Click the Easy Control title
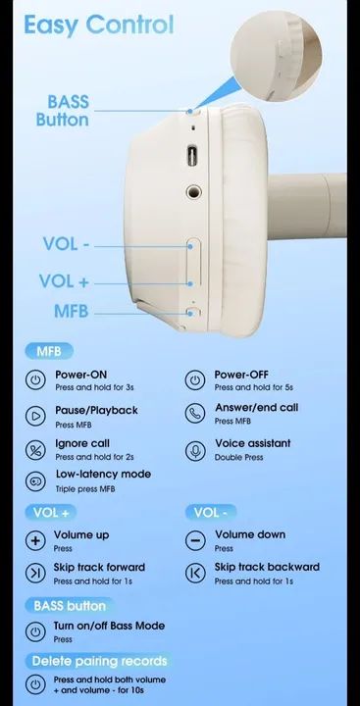click(99, 25)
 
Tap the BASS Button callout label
click(63, 111)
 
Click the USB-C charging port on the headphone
click(191, 156)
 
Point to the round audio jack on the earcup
click(194, 193)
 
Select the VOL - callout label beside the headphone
click(67, 244)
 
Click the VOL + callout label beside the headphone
click(64, 281)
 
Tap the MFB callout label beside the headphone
click(72, 312)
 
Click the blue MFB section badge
click(49, 351)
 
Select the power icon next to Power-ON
click(35, 380)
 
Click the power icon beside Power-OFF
click(195, 380)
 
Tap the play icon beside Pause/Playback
click(35, 416)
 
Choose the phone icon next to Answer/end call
click(195, 414)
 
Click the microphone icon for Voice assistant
click(195, 450)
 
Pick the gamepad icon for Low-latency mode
click(35, 480)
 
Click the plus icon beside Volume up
click(35, 540)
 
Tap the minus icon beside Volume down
click(195, 540)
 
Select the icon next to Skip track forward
click(35, 573)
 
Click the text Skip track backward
click(267, 567)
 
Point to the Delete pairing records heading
click(99, 661)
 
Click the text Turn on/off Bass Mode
click(109, 626)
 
